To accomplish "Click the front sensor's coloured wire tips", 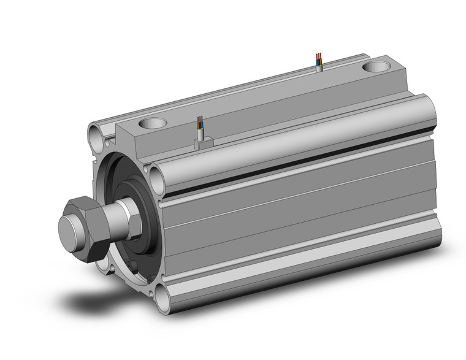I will (x=200, y=121).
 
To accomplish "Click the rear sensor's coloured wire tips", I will (x=318, y=58).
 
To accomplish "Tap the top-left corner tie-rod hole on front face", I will (x=96, y=132).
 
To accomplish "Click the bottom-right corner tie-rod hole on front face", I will (x=162, y=299).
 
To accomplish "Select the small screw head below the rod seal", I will (x=131, y=265).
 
